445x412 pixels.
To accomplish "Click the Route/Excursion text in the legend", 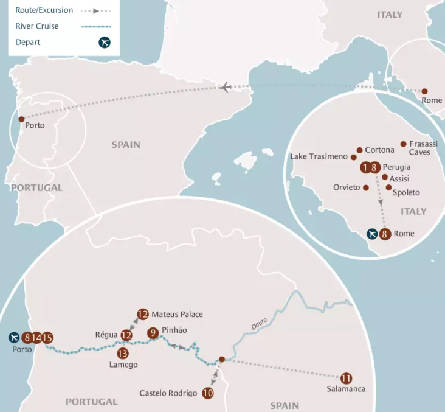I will tap(44, 10).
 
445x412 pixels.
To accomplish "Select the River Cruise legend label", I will tap(38, 26).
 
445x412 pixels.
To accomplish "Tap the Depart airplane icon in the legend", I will tap(105, 42).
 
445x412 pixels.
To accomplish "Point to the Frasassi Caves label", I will tap(419, 148).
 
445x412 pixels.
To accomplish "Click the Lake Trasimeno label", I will tap(319, 156).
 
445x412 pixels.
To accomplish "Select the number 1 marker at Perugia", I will tap(365, 167).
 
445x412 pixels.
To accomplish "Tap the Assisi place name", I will tap(399, 178).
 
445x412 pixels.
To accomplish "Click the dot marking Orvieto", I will tap(366, 187).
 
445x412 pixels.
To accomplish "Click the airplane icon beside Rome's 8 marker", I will tap(373, 234).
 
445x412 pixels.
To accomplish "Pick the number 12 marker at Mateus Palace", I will tap(143, 315).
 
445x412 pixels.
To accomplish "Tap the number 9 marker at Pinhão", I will tap(153, 333).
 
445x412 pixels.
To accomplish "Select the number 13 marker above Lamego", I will tap(123, 353).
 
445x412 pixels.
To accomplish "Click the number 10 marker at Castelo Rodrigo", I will tap(208, 393).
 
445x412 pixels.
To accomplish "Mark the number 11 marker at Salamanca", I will tap(347, 378).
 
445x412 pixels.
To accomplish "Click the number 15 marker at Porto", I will tap(47, 338).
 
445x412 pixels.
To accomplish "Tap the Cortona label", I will tap(379, 150).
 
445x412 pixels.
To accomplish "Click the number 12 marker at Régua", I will tap(126, 335).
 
